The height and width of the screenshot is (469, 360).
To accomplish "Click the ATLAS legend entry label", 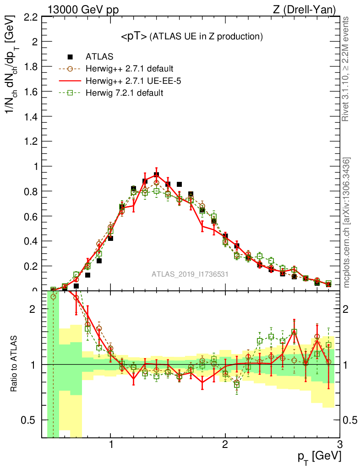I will (x=99, y=57).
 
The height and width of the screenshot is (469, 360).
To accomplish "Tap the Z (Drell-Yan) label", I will (x=309, y=9).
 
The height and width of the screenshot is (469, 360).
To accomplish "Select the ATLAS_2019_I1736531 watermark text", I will (x=190, y=274).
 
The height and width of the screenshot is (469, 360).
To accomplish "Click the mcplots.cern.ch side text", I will (x=347, y=223).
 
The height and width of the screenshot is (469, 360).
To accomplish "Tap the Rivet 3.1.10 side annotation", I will (x=347, y=69).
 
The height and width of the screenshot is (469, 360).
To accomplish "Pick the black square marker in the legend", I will (x=71, y=57).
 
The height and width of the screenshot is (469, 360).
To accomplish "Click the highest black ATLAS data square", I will (x=156, y=175).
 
